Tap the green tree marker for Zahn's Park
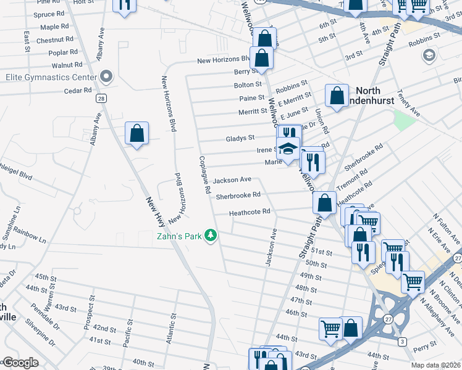coord(211,236)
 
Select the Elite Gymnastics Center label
coord(51,77)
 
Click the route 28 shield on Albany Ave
coord(99,97)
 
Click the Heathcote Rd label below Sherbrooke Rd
coord(250,212)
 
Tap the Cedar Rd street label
coord(77,91)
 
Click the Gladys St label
coord(240,138)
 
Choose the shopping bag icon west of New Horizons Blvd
coord(136,134)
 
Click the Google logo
coord(20,363)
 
